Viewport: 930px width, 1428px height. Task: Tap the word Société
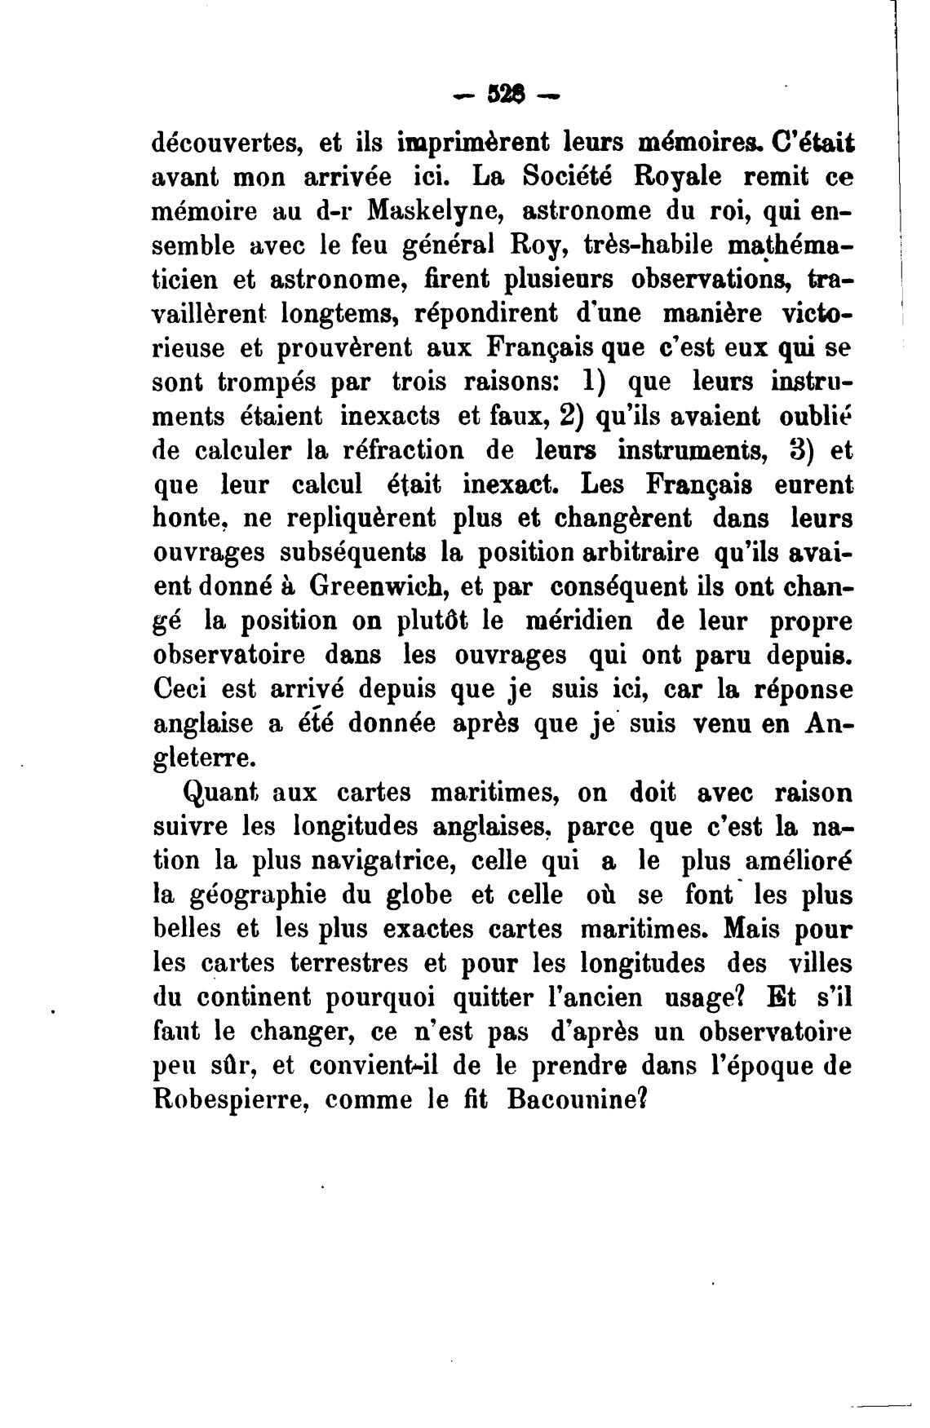point(565,176)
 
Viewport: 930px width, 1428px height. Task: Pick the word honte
point(184,519)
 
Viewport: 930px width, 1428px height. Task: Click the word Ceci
point(181,689)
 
